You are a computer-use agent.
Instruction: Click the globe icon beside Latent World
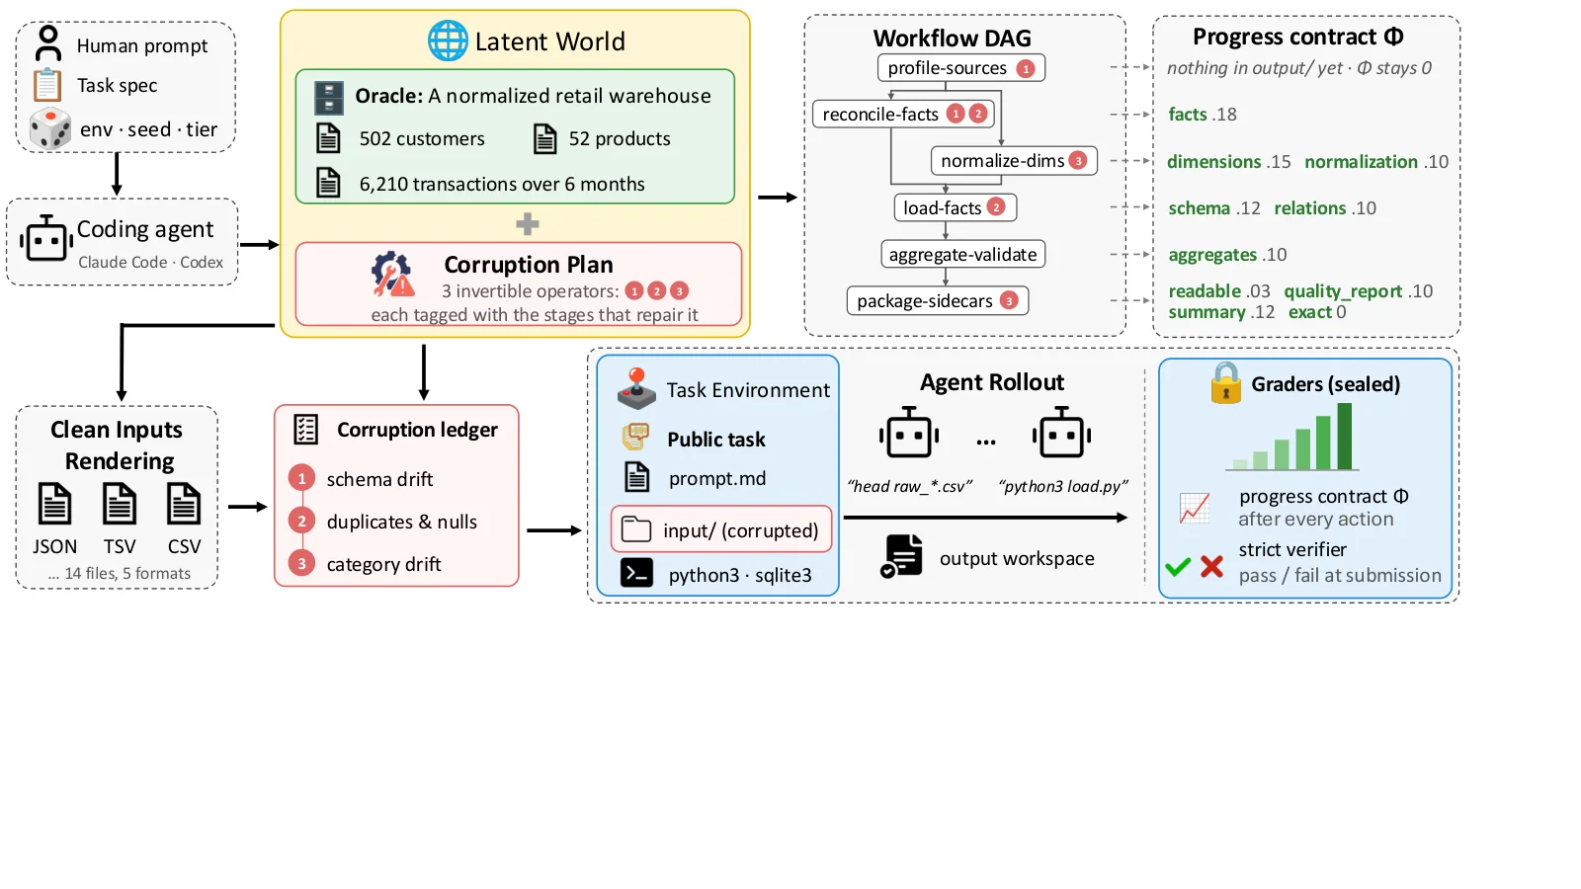pyautogui.click(x=448, y=40)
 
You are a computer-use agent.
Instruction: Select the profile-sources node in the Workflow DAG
pyautogui.click(x=961, y=68)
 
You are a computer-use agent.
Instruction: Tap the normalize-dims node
pyautogui.click(x=1014, y=161)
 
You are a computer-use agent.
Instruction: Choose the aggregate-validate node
pyautogui.click(x=962, y=254)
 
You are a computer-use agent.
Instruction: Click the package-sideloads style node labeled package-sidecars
pyautogui.click(x=938, y=300)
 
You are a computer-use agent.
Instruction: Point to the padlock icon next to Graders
pyautogui.click(x=1226, y=383)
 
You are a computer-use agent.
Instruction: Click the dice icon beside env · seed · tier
pyautogui.click(x=50, y=128)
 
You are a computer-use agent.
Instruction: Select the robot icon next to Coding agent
pyautogui.click(x=46, y=238)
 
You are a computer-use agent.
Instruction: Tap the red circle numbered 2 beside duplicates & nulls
pyautogui.click(x=301, y=522)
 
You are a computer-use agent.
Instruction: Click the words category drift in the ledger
pyautogui.click(x=383, y=564)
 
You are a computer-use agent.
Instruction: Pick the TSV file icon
pyautogui.click(x=120, y=504)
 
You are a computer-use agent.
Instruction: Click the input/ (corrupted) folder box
pyautogui.click(x=721, y=529)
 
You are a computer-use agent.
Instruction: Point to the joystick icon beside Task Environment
pyautogui.click(x=636, y=389)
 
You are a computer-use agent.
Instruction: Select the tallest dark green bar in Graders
pyautogui.click(x=1344, y=436)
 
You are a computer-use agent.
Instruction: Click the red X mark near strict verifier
pyautogui.click(x=1211, y=566)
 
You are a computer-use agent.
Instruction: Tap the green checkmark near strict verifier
pyautogui.click(x=1178, y=567)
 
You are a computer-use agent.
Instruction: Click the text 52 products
pyautogui.click(x=619, y=139)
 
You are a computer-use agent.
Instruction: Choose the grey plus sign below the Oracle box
pyautogui.click(x=528, y=224)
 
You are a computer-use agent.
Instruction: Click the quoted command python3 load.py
pyautogui.click(x=1063, y=486)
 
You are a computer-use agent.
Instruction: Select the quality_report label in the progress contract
pyautogui.click(x=1343, y=292)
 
